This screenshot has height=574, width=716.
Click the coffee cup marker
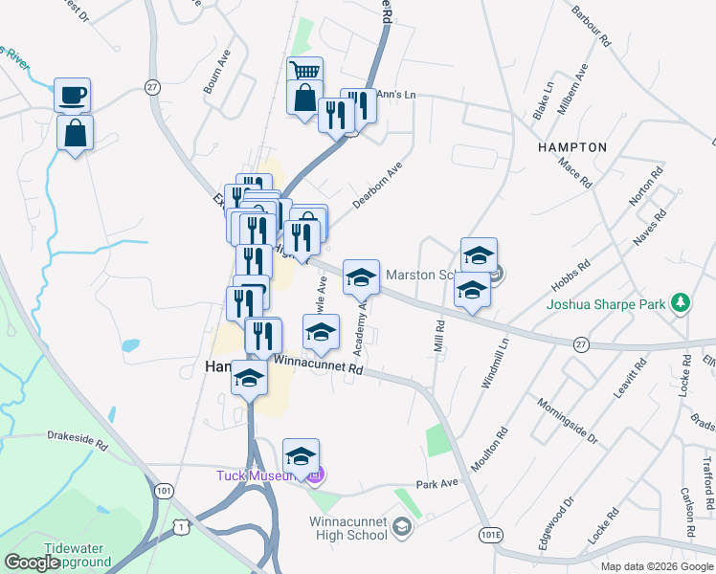point(72,96)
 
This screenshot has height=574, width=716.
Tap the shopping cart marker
point(304,73)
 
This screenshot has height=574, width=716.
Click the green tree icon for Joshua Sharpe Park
point(681,303)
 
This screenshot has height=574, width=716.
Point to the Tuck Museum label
point(257,475)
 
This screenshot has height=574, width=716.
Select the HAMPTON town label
point(572,147)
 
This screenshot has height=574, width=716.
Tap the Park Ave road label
point(436,485)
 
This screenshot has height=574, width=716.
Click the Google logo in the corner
point(33,563)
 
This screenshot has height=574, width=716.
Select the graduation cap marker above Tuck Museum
point(301,456)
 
